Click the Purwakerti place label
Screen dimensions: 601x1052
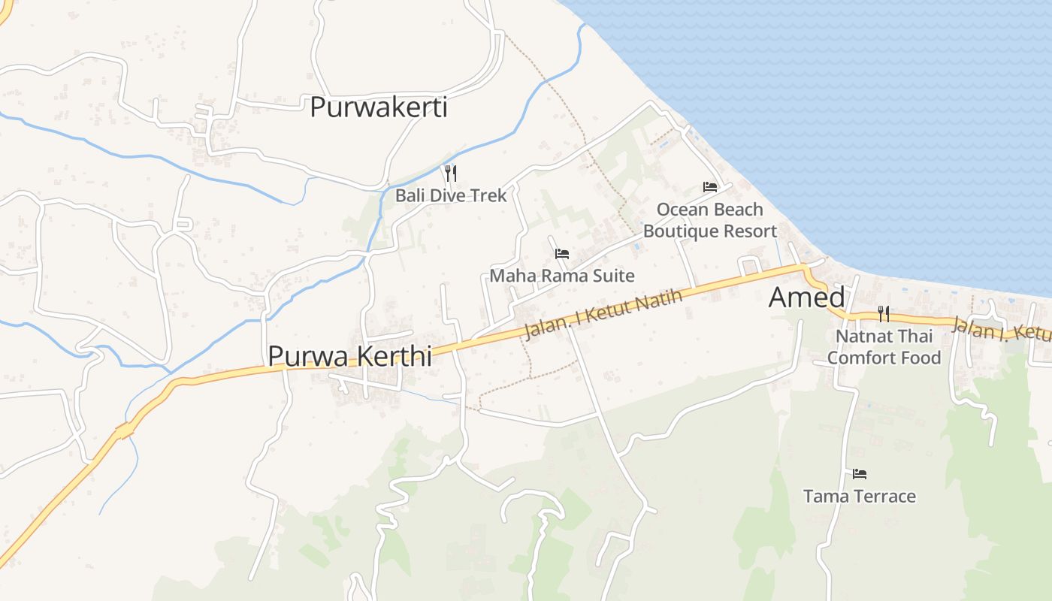[x=378, y=107]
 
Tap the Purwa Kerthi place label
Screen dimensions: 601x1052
[x=349, y=356]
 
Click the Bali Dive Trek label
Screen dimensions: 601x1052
[x=451, y=195]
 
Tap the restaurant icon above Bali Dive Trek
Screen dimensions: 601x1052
[x=451, y=174]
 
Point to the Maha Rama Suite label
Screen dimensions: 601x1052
[x=561, y=276]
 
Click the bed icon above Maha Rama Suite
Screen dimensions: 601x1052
[x=561, y=254]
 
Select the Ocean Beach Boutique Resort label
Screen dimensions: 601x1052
[x=709, y=220]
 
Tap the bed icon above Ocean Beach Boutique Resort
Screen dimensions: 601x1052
[x=709, y=186]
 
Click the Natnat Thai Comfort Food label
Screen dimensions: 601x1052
[x=884, y=346]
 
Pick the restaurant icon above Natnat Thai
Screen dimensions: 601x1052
[x=884, y=313]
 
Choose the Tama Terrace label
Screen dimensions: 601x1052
[x=860, y=496]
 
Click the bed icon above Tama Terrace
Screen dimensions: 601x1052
[x=860, y=474]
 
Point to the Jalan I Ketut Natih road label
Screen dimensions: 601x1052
[x=603, y=314]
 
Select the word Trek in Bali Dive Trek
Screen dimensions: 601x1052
[x=489, y=195]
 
